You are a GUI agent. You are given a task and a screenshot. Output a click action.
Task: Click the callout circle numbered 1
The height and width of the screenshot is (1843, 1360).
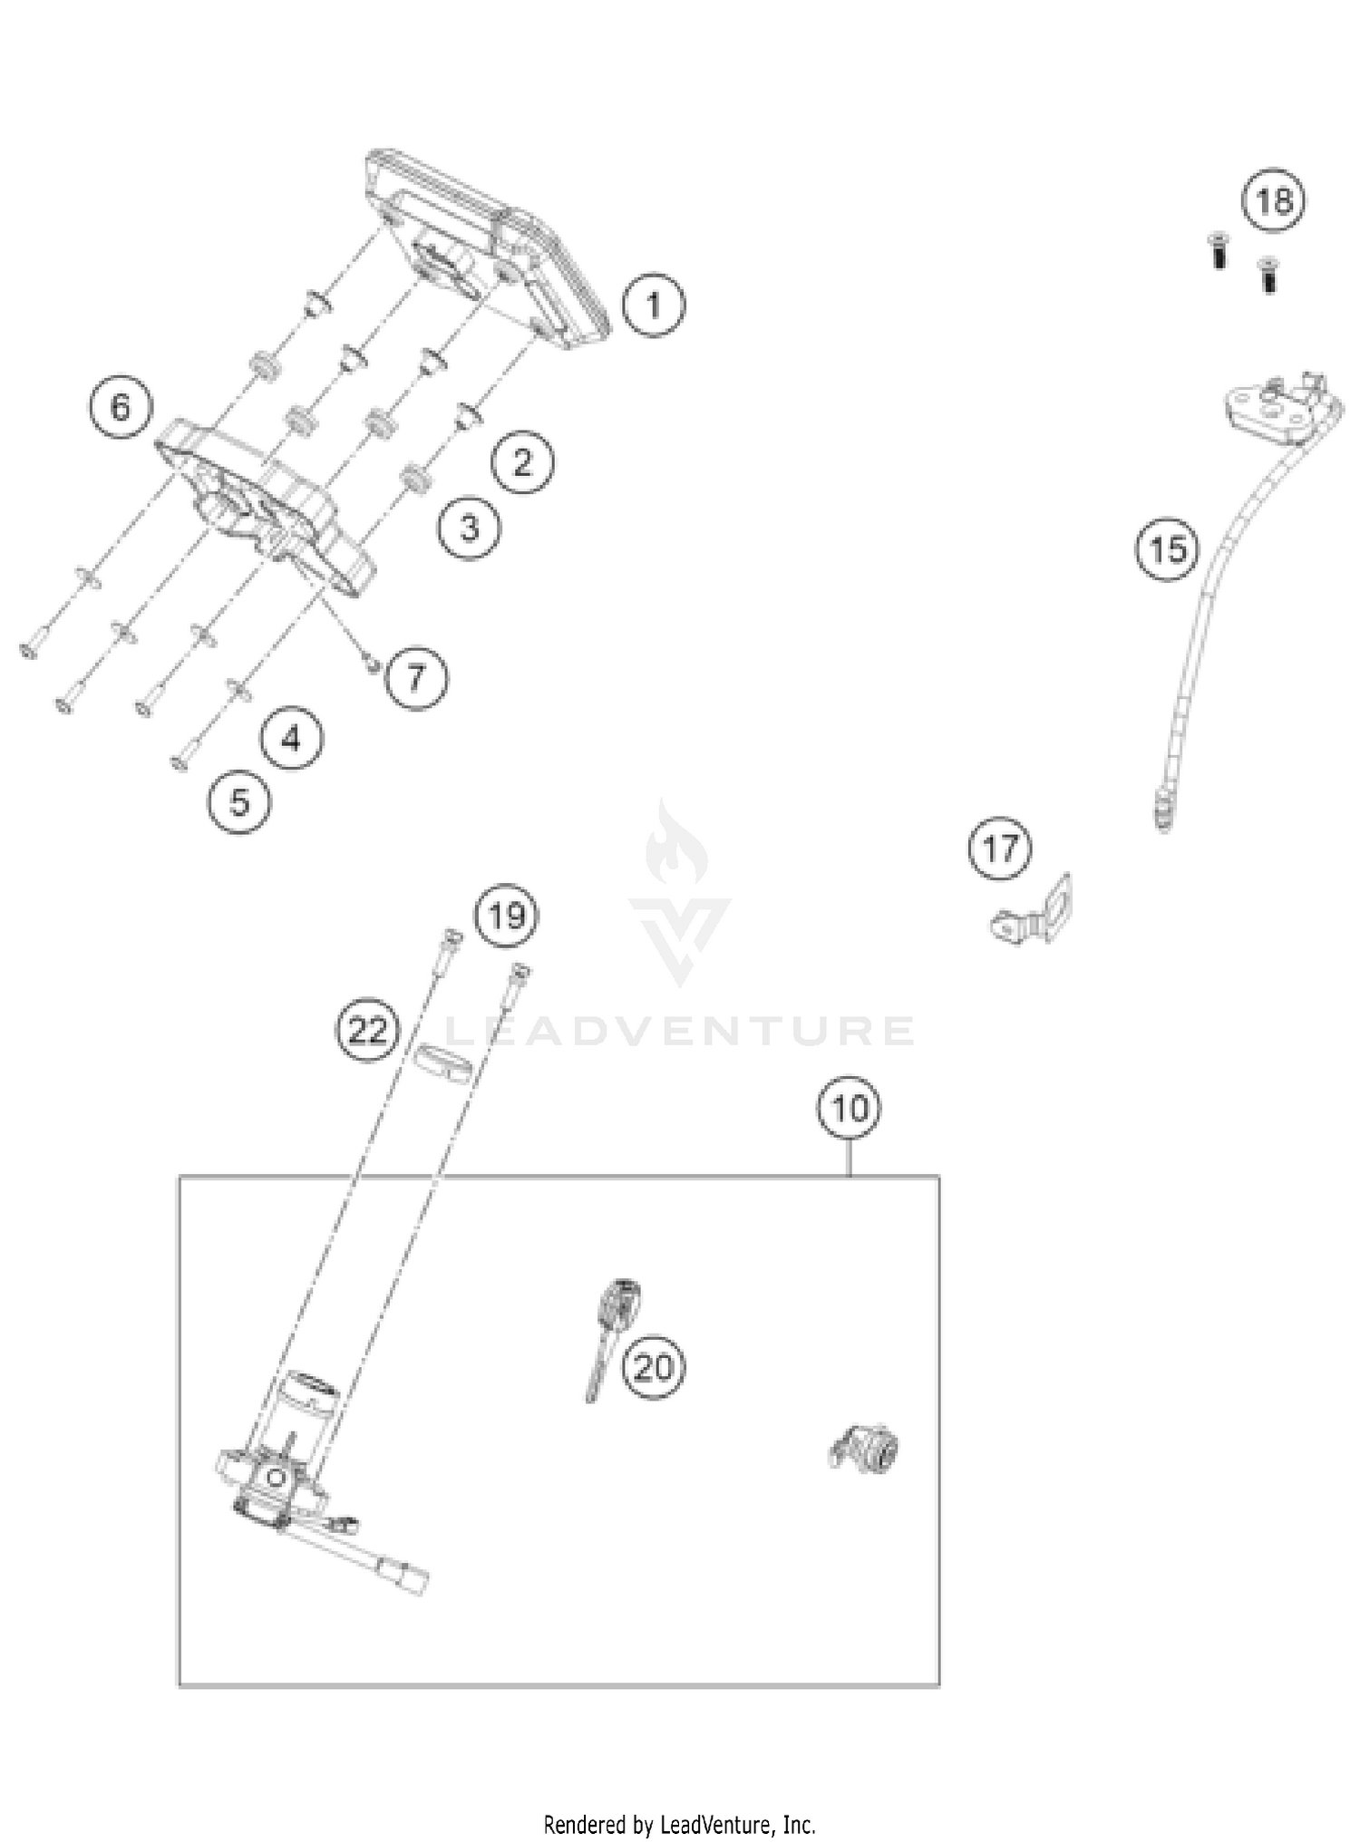(x=654, y=305)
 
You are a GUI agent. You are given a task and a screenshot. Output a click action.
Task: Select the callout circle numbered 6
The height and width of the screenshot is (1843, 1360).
(x=121, y=407)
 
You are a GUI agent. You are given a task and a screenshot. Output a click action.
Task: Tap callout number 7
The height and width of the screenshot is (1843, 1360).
(x=416, y=677)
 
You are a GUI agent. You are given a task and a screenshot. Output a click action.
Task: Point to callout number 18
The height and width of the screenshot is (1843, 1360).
(x=1274, y=200)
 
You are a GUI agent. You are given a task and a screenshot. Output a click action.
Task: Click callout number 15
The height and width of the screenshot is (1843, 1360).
(x=1167, y=549)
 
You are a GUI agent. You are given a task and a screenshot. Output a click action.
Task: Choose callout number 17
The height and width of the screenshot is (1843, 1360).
(x=1000, y=849)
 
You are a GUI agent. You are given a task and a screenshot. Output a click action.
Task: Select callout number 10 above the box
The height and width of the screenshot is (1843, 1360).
(x=850, y=1108)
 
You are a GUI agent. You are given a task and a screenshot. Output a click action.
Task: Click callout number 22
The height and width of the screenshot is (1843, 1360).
(x=368, y=1031)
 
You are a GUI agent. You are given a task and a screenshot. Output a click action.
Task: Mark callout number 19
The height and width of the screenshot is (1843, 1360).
(x=507, y=916)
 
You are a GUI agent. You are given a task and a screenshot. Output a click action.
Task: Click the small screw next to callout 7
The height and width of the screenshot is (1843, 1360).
(x=371, y=664)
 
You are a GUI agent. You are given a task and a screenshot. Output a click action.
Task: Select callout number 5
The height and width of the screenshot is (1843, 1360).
(x=239, y=801)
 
